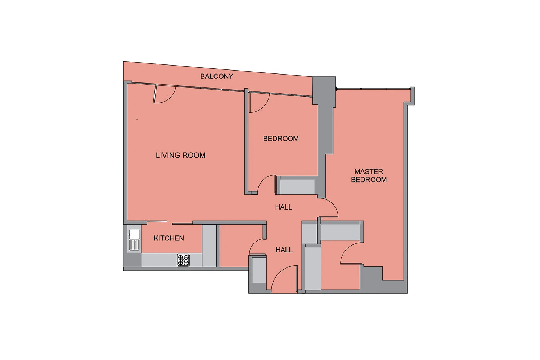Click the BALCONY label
pos(216,76)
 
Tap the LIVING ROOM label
pos(181,155)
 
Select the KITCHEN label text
pos(169,238)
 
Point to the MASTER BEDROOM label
pos(369,176)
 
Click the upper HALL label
pos(284,207)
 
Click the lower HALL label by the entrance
pos(284,250)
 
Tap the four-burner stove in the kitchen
pos(183,260)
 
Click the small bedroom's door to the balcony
pos(260,103)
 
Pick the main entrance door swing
pos(284,279)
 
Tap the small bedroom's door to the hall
pos(267,184)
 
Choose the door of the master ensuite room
pos(351,253)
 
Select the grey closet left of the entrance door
pos(259,270)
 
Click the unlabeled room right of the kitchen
pos(241,246)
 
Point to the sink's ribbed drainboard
pos(134,246)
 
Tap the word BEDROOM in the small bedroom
pos(281,139)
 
